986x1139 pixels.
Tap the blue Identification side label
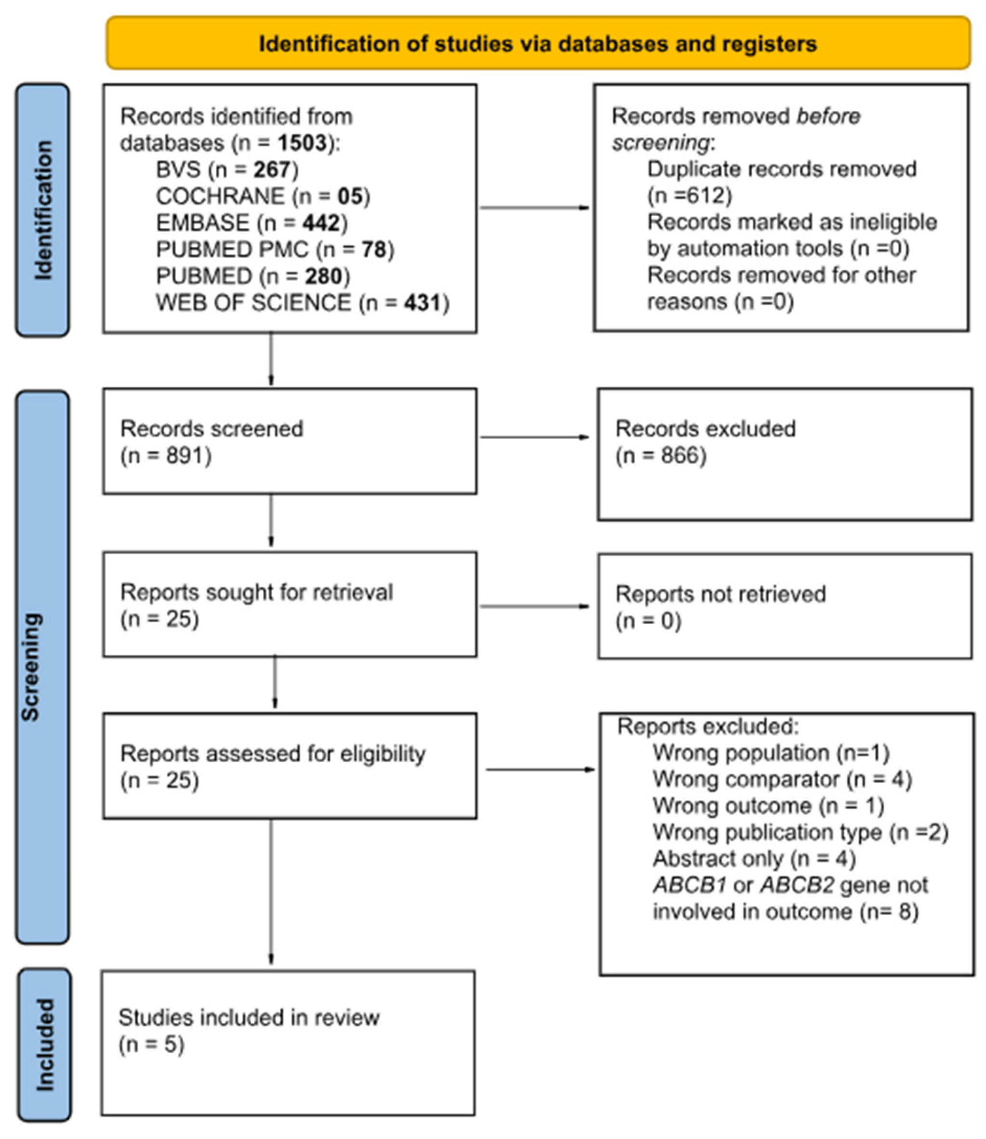pyautogui.click(x=43, y=210)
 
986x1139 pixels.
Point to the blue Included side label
pyautogui.click(x=44, y=1045)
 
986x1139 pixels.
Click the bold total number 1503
pyautogui.click(x=302, y=143)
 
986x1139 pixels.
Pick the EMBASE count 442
pyautogui.click(x=321, y=223)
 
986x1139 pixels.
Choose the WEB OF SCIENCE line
pyautogui.click(x=302, y=302)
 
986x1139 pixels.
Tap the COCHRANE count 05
pyautogui.click(x=350, y=196)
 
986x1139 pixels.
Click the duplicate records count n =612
pyautogui.click(x=690, y=196)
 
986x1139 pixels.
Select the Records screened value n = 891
pyautogui.click(x=166, y=456)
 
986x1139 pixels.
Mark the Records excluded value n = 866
pyautogui.click(x=661, y=456)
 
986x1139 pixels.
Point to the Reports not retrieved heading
pyautogui.click(x=720, y=594)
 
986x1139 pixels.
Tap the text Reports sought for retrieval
pyautogui.click(x=256, y=592)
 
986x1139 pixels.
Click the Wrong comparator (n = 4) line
pyautogui.click(x=782, y=779)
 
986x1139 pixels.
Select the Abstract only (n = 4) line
pyautogui.click(x=754, y=859)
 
